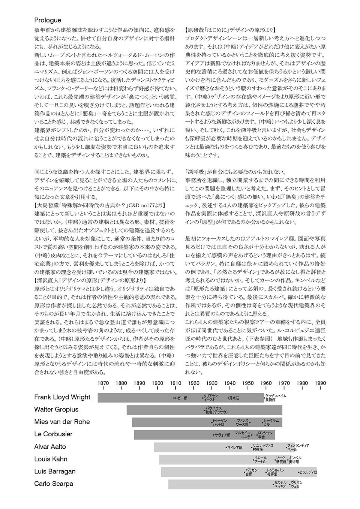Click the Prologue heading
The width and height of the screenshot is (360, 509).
[x=48, y=20]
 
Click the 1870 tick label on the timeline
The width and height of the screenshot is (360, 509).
[x=103, y=383]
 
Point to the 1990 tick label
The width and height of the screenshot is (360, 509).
[x=320, y=383]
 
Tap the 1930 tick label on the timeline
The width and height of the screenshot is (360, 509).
[x=212, y=383]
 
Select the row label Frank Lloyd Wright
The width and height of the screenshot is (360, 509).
[x=62, y=397]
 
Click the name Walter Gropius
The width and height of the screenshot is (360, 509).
[x=56, y=409]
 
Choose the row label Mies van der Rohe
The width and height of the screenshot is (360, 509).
[x=62, y=422]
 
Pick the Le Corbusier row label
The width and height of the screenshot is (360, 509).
[x=53, y=434]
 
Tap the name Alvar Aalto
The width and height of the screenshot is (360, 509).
[x=50, y=446]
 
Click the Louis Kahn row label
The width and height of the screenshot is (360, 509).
[x=51, y=459]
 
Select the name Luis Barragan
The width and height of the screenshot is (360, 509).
[x=55, y=471]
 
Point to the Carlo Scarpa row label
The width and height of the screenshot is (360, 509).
[x=54, y=484]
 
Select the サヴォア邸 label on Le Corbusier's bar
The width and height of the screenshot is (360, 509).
[x=222, y=435]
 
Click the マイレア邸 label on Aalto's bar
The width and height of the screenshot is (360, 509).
[x=235, y=448]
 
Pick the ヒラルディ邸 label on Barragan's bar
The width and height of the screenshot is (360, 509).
[x=308, y=472]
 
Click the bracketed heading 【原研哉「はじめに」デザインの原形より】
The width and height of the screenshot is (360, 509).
[x=230, y=30]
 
